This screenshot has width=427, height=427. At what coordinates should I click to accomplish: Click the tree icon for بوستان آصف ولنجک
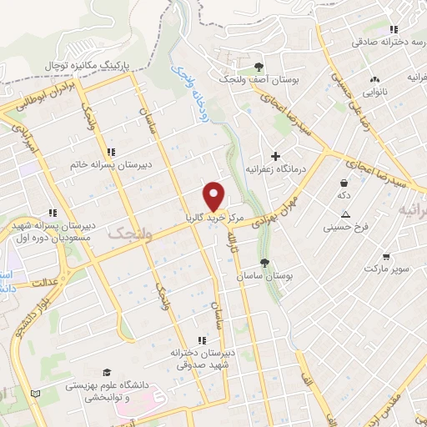pyautogui.click(x=259, y=67)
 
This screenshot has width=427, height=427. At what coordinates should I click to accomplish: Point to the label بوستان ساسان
pyautogui.click(x=261, y=275)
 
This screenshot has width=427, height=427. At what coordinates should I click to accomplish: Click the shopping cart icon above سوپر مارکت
pyautogui.click(x=385, y=257)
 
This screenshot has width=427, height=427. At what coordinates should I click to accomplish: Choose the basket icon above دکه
pyautogui.click(x=343, y=183)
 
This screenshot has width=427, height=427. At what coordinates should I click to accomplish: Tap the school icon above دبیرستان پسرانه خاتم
pyautogui.click(x=111, y=151)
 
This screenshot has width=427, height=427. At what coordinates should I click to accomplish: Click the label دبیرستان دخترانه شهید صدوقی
pyautogui.click(x=198, y=358)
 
